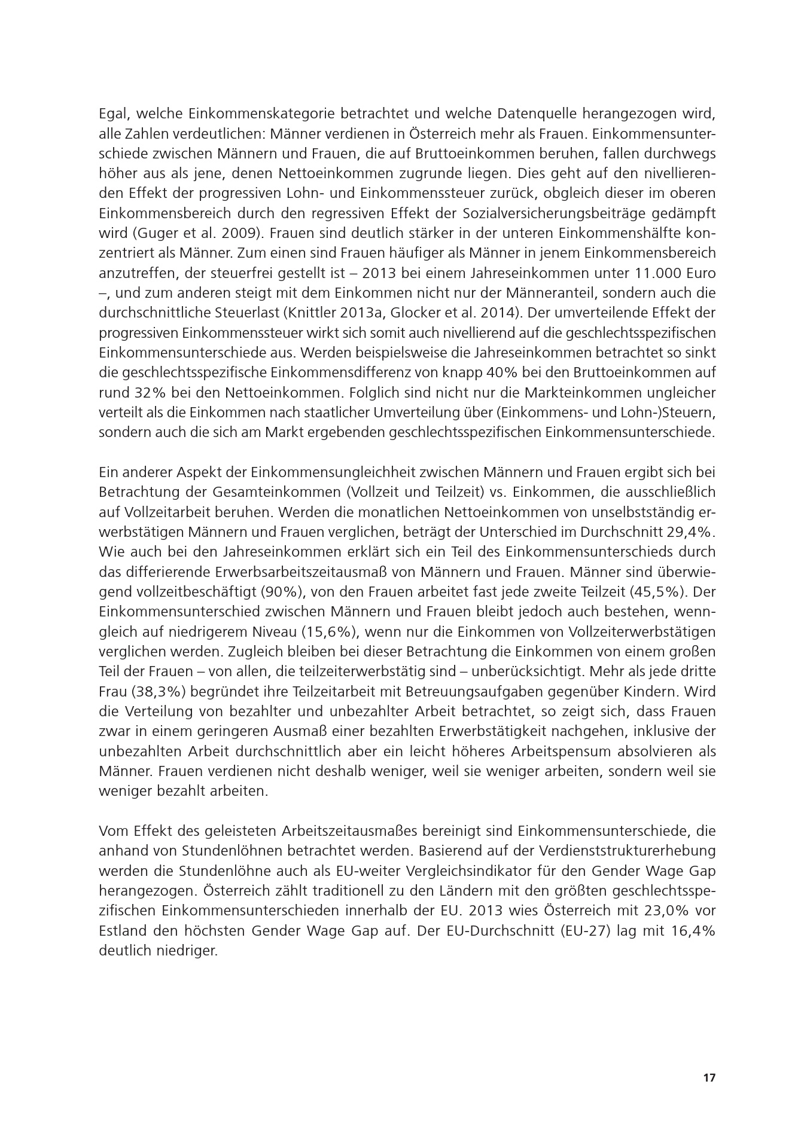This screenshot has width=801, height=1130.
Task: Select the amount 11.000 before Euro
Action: [x=655, y=273]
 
